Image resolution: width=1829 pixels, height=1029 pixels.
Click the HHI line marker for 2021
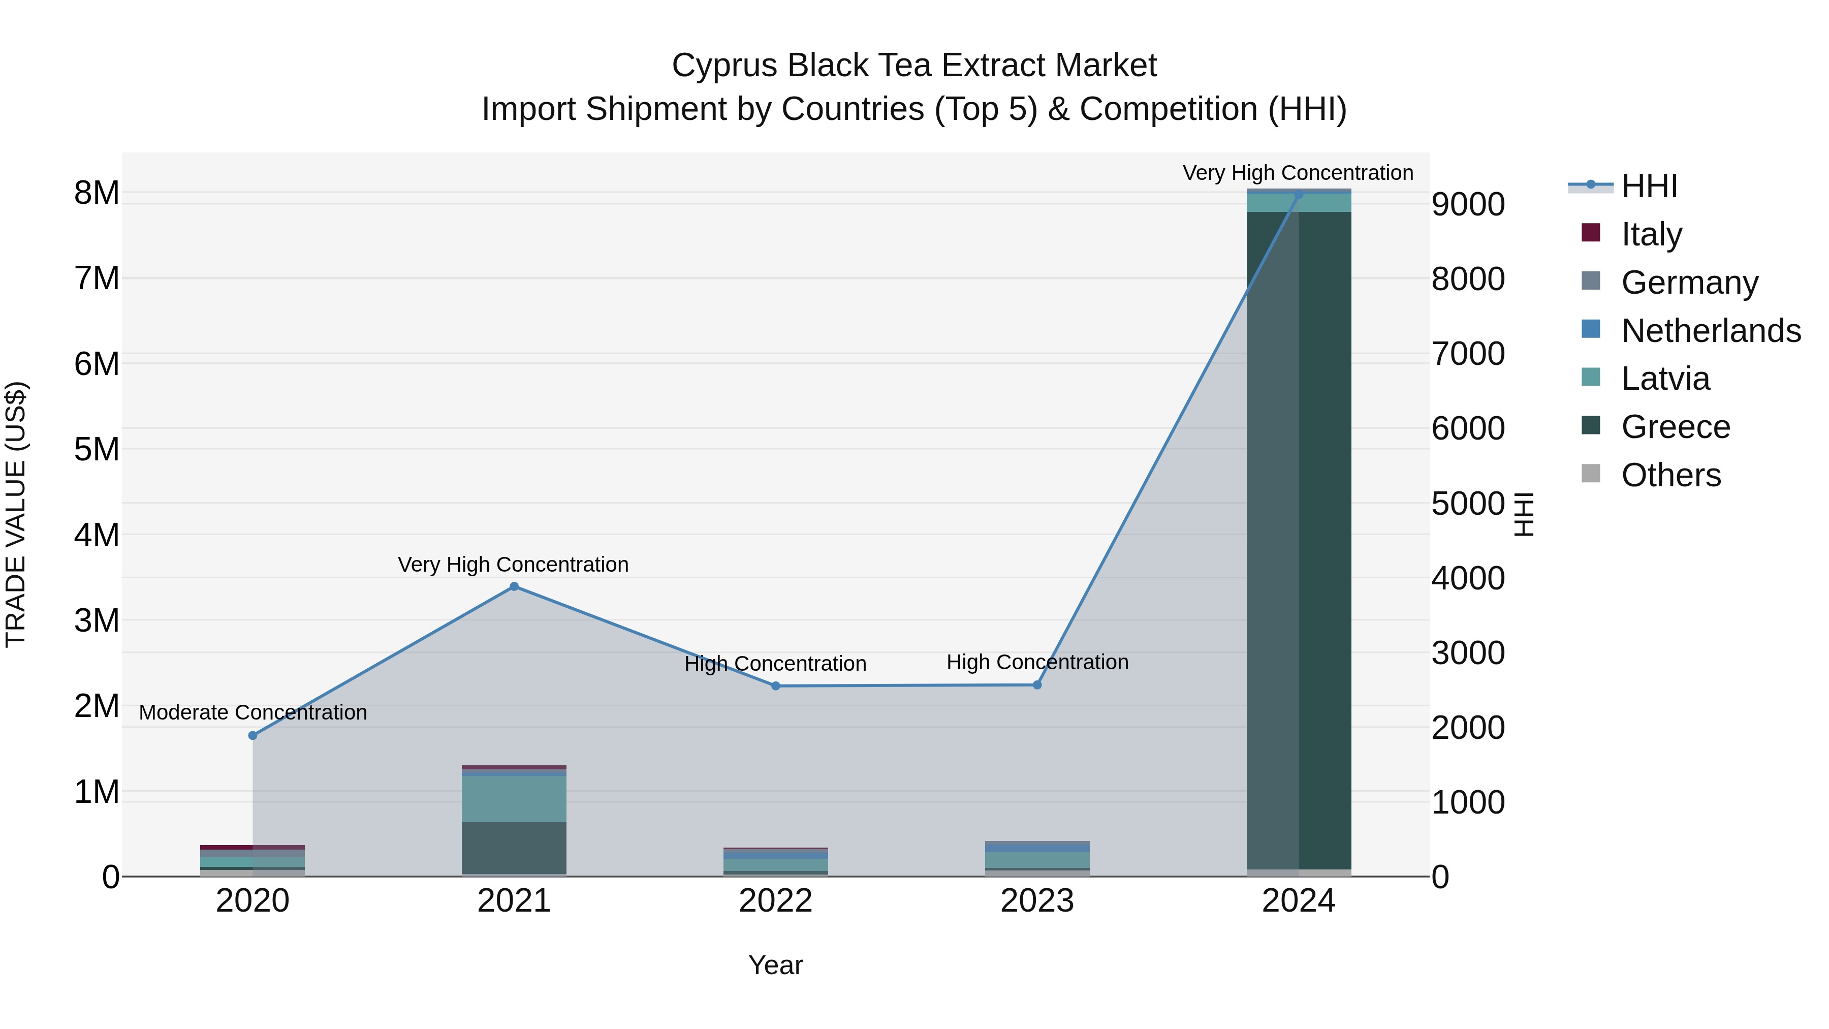pos(514,586)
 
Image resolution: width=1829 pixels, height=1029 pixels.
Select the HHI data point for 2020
pos(253,736)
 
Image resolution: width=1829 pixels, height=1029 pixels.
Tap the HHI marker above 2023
pos(1036,685)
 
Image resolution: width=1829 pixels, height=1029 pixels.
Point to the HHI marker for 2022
pos(775,686)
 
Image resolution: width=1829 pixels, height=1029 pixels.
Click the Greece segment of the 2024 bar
pos(1299,540)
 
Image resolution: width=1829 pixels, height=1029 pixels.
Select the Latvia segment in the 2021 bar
pos(514,799)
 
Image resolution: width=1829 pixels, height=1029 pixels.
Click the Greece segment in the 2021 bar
pos(514,848)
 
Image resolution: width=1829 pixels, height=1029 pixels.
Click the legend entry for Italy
pos(1652,234)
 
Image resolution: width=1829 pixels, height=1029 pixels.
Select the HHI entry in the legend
pos(1649,186)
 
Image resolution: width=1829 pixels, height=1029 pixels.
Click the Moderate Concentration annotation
pos(253,712)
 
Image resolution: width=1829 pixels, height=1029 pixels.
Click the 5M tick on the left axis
pos(97,450)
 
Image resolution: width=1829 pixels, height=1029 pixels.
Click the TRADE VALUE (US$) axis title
pos(16,514)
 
